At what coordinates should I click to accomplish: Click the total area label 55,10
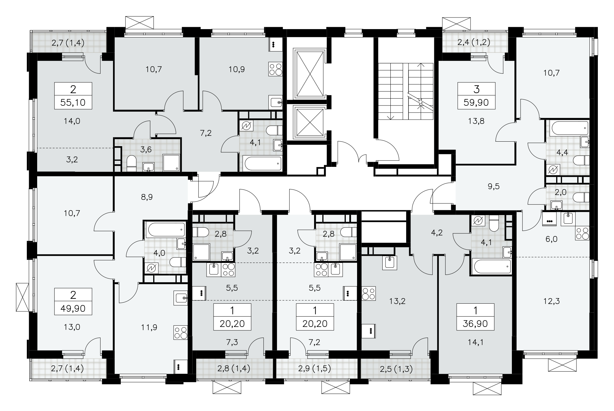[73, 103]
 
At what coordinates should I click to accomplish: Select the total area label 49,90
[73, 308]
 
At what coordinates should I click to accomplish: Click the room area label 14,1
[475, 342]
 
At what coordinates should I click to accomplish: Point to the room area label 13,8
[476, 121]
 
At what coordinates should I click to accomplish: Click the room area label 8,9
[146, 197]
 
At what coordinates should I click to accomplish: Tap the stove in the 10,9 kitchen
[276, 69]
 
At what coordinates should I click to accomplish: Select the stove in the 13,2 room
[369, 293]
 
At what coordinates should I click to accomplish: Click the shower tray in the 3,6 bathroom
[171, 163]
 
